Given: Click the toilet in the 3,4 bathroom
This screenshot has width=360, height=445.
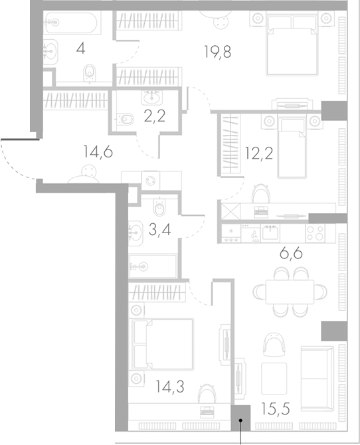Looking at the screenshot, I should click(159, 210).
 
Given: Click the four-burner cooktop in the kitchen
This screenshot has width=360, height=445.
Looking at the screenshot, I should click(314, 234).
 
